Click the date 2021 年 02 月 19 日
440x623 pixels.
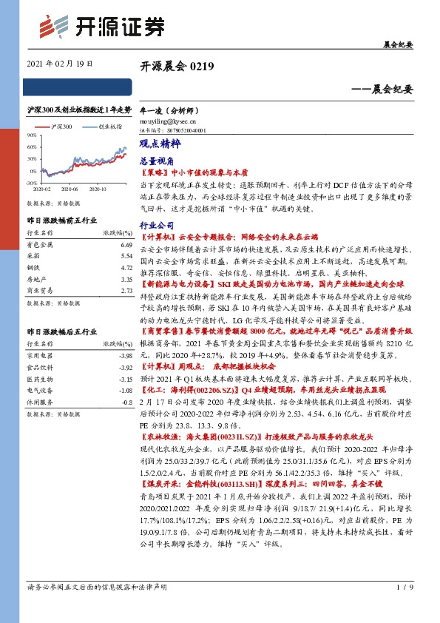60,64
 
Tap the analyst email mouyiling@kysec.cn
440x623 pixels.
168,120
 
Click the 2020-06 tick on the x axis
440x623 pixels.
71,189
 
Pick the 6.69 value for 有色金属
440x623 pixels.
125,243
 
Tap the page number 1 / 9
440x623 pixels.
403,608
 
